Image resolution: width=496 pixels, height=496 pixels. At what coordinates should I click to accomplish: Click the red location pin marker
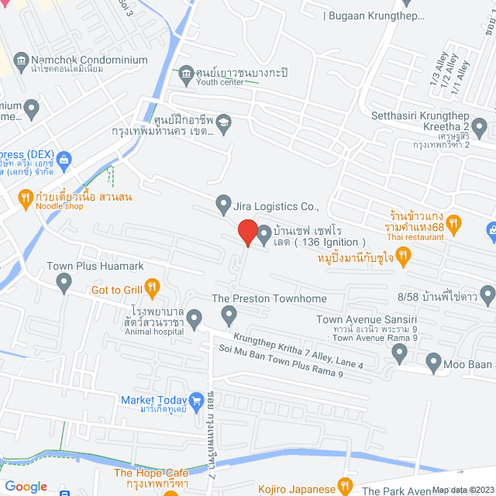tap(247, 231)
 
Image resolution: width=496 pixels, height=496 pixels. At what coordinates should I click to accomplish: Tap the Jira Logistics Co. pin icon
tap(224, 205)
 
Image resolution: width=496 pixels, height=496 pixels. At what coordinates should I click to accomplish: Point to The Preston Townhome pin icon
tap(229, 315)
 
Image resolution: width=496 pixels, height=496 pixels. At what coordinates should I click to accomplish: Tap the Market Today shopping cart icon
tap(198, 401)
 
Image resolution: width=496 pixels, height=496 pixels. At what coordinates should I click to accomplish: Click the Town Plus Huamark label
tap(95, 266)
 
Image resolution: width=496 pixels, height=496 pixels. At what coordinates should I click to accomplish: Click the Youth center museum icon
tap(186, 74)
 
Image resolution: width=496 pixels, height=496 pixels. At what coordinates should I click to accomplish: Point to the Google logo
tap(26, 487)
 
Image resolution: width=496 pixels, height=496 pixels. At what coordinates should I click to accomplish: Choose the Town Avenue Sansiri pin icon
tap(399, 353)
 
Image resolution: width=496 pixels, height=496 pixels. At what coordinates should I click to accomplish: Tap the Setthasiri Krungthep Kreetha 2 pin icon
tap(479, 126)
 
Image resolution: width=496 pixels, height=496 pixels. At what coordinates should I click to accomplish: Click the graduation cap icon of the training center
tap(224, 122)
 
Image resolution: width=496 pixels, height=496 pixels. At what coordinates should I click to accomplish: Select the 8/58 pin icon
tap(487, 294)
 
